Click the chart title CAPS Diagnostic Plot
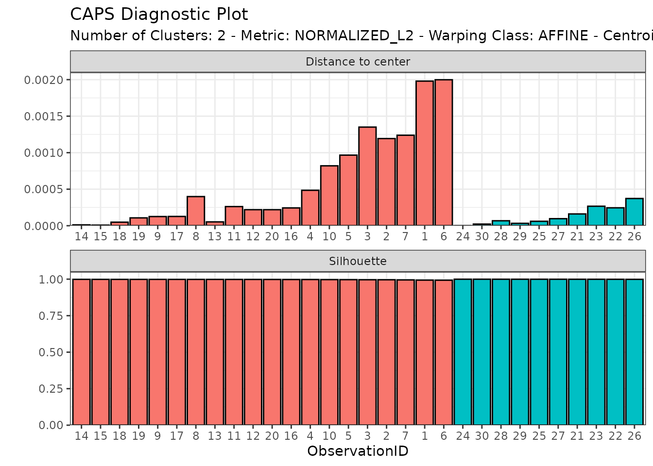[159, 15]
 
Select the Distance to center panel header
[358, 62]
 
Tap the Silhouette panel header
[358, 261]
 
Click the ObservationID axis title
[358, 451]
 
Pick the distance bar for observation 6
[444, 152]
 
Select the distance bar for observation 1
[425, 153]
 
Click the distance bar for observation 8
[196, 211]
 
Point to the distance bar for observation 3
[367, 176]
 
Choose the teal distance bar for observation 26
[634, 212]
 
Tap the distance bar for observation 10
[329, 196]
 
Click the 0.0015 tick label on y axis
[44, 116]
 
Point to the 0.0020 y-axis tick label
[44, 80]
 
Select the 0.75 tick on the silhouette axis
[51, 316]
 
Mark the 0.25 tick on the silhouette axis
[51, 389]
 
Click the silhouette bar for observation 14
[82, 352]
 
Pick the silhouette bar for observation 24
[463, 352]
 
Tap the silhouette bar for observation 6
[444, 352]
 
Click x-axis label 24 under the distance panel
[463, 236]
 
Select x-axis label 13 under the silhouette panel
[215, 436]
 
